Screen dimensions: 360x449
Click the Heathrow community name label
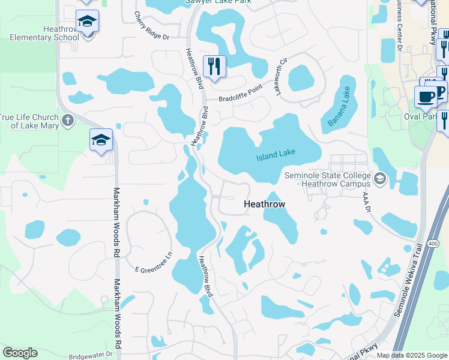(x=264, y=204)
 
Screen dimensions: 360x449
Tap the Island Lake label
(x=276, y=155)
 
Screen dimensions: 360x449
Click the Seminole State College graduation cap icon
(x=379, y=178)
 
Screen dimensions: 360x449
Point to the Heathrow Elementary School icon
(x=87, y=23)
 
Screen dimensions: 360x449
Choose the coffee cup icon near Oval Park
(x=426, y=96)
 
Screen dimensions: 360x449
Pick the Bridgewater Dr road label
(x=91, y=355)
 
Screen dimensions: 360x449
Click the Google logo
(x=20, y=353)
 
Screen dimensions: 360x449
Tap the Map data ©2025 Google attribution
(x=412, y=355)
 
